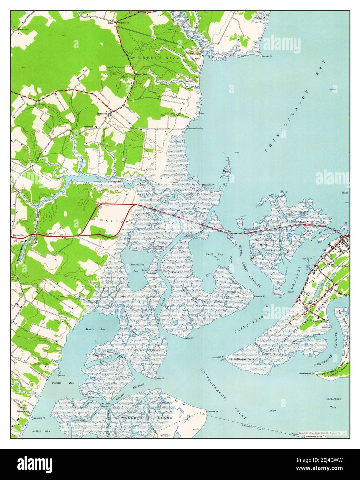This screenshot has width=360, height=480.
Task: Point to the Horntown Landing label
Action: point(195,128)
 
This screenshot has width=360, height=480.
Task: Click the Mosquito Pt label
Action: point(208,185)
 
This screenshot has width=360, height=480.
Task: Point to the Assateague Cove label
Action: point(332,403)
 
